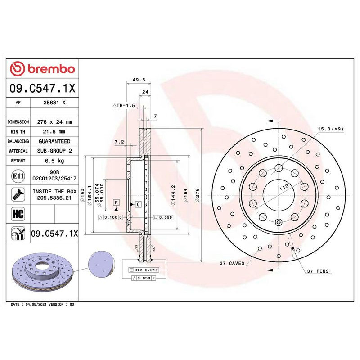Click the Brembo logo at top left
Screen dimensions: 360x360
(43, 69)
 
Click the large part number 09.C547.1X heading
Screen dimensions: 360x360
(43, 88)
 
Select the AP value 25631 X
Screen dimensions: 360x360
(54, 103)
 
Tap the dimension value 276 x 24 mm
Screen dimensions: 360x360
(54, 122)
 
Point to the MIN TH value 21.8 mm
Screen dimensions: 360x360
(54, 131)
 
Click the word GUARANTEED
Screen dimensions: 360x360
(54, 141)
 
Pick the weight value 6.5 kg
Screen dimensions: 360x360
(54, 161)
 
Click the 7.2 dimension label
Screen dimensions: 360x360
(119, 142)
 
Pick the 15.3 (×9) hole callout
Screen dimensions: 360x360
(331, 129)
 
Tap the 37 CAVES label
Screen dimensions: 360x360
(232, 263)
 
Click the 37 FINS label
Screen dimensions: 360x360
(318, 272)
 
